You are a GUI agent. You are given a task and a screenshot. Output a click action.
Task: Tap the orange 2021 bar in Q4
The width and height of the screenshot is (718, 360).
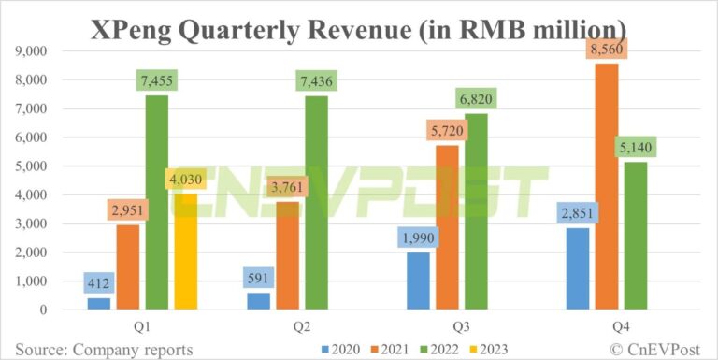coord(608,186)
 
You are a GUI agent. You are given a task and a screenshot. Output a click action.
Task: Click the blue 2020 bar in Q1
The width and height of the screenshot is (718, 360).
coord(98,303)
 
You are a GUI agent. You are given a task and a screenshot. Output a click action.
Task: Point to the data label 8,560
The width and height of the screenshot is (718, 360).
coord(608,50)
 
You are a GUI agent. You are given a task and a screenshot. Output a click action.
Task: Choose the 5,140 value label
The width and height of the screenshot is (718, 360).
coord(637,148)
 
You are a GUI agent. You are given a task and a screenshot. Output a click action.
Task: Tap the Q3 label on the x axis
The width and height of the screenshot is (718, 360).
coord(450,326)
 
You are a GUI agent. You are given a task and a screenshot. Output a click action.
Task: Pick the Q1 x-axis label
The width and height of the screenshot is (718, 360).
coord(144,326)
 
